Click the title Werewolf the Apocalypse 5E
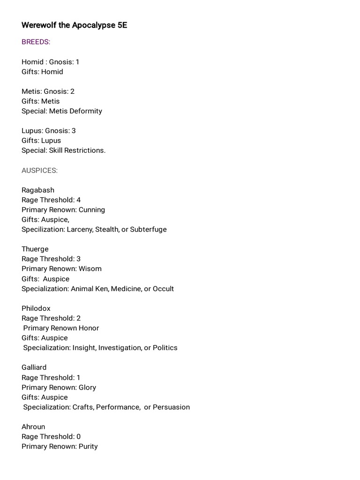click(x=74, y=25)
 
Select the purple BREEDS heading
click(x=36, y=42)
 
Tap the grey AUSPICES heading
click(x=39, y=171)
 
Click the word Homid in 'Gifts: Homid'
click(x=52, y=72)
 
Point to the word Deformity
click(x=86, y=111)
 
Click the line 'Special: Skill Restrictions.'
click(x=63, y=150)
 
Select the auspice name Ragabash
click(x=38, y=190)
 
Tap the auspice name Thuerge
click(x=35, y=249)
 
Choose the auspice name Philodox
click(x=36, y=308)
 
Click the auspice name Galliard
click(x=34, y=367)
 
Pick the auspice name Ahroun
click(x=33, y=427)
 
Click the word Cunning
click(x=92, y=210)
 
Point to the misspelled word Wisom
click(x=90, y=269)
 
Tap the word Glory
click(x=87, y=387)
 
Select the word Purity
click(x=88, y=446)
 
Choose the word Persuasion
click(x=171, y=407)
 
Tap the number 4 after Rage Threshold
click(x=79, y=200)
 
